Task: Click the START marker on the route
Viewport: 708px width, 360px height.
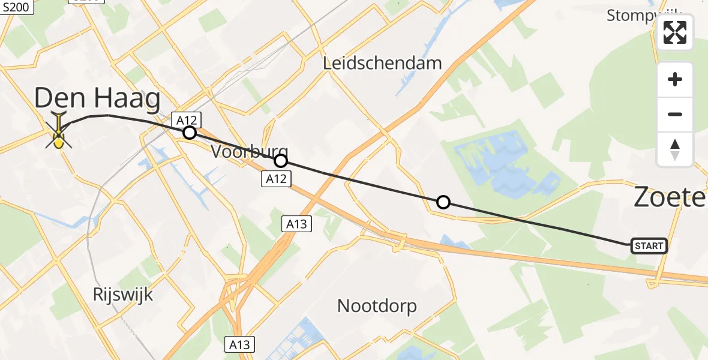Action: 649,246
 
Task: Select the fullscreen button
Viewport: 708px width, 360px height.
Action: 675,32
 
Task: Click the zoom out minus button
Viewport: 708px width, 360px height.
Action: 675,115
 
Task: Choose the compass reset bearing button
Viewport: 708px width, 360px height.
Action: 675,149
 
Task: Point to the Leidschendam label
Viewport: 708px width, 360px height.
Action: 382,63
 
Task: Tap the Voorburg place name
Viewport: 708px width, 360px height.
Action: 249,152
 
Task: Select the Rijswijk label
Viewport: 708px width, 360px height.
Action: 123,295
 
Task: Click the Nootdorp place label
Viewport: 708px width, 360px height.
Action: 377,306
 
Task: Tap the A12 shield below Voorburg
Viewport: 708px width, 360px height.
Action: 276,178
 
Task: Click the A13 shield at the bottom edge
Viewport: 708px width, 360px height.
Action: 240,344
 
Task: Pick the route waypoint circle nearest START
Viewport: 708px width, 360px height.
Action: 443,202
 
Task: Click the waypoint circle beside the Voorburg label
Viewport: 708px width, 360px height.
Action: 280,161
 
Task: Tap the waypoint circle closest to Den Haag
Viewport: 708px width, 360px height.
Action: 189,133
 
